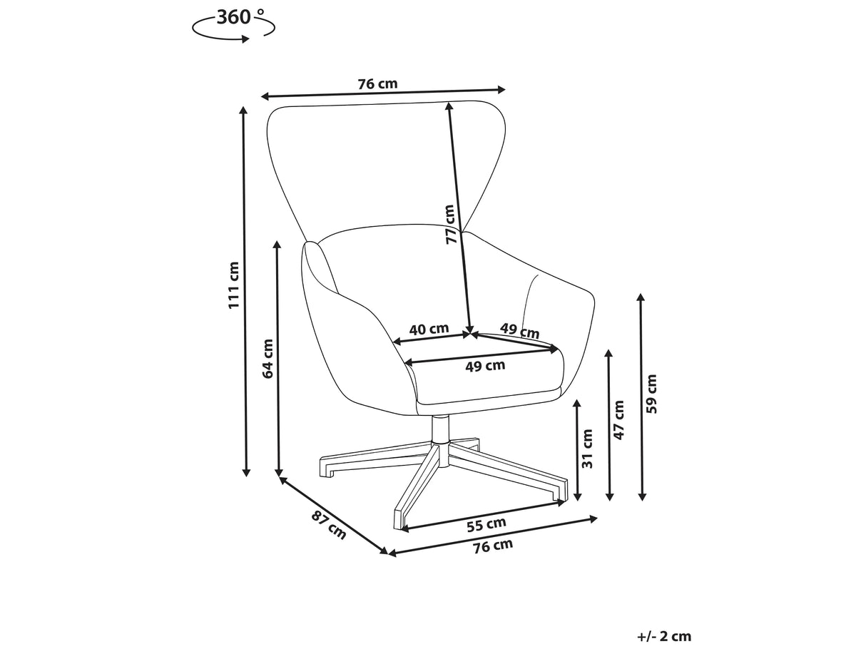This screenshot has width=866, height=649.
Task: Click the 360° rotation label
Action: click(240, 17)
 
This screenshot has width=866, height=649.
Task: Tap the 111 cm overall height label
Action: click(234, 285)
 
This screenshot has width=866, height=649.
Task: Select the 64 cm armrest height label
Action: click(268, 359)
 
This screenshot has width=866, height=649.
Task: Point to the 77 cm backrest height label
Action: click(450, 225)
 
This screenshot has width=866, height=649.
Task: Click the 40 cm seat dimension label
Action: click(429, 329)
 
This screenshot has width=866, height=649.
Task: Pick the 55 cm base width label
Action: click(486, 524)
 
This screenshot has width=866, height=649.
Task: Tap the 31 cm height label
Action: click(588, 449)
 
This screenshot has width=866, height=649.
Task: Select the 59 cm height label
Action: click(652, 394)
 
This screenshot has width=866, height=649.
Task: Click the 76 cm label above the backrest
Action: click(377, 84)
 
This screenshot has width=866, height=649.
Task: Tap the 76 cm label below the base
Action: click(493, 546)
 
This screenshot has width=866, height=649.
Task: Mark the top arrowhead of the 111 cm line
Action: click(243, 111)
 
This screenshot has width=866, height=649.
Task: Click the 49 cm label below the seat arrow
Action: click(485, 365)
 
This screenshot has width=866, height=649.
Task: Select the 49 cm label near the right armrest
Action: click(519, 331)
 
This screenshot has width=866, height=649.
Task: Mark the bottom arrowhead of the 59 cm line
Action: click(642, 496)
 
